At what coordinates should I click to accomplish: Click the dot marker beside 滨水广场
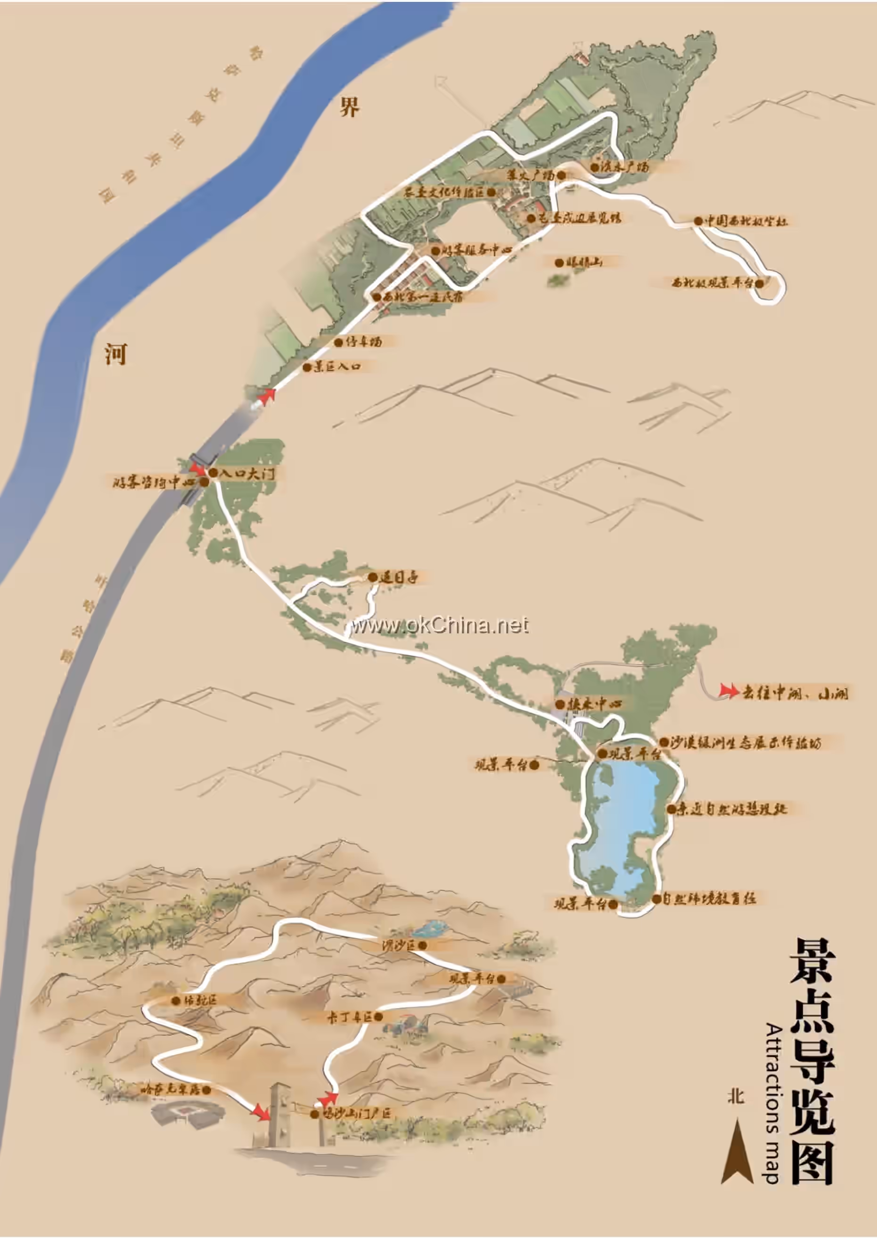point(595,167)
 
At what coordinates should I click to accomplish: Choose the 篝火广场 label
point(531,175)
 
